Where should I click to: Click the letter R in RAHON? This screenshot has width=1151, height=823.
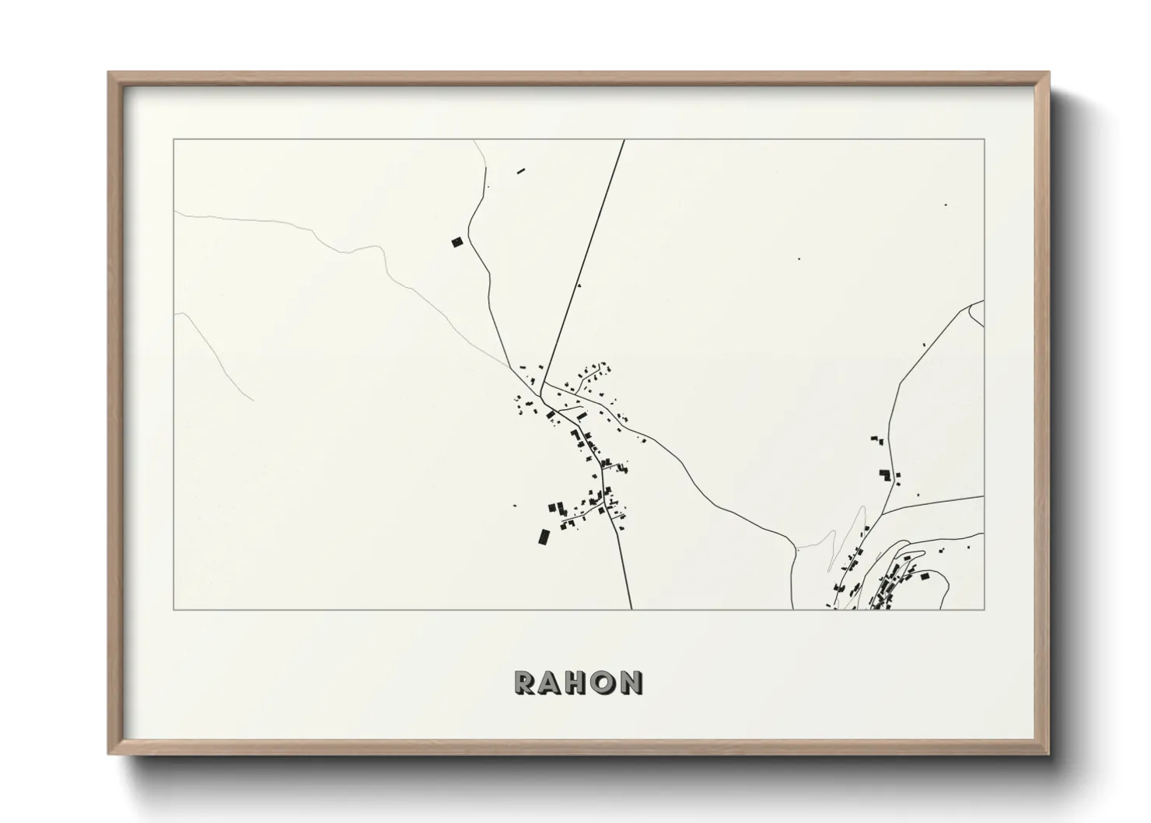[524, 682]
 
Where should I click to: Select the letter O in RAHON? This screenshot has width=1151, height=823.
[604, 682]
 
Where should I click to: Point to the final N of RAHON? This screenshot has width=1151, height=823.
[631, 682]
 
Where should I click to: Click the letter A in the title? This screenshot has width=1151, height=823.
[551, 682]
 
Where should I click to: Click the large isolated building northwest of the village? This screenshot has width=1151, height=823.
[457, 242]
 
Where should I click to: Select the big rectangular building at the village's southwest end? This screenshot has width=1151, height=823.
[544, 536]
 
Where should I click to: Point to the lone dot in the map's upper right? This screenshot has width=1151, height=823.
[945, 205]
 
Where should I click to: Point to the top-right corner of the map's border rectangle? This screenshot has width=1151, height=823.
[984, 139]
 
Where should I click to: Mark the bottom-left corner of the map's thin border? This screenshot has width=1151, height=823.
[173, 610]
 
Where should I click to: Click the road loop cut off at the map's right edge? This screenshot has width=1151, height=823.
[977, 313]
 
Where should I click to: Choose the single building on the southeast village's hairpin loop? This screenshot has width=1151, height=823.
[925, 576]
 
